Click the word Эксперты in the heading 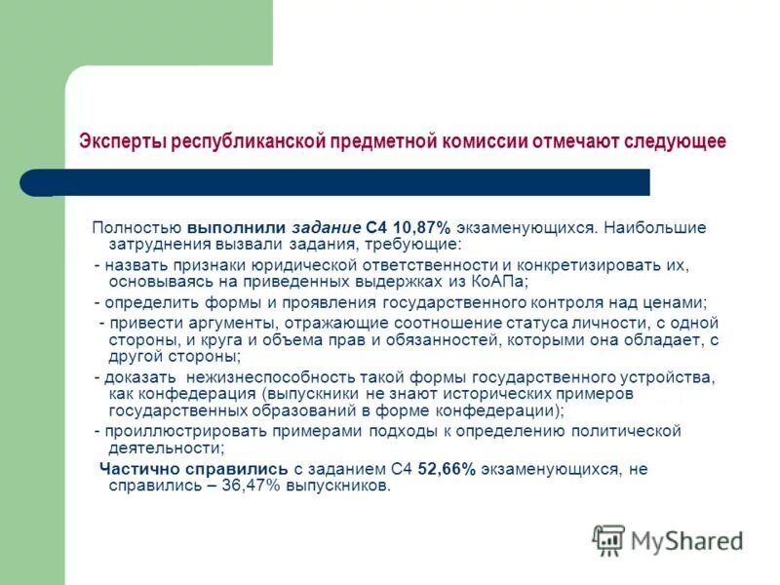point(123,141)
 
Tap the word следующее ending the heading point(677,141)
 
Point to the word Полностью point(131,227)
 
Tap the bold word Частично point(137,469)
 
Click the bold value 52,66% point(447,469)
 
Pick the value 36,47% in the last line point(249,486)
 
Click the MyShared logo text point(687,540)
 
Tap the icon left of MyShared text point(608,539)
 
